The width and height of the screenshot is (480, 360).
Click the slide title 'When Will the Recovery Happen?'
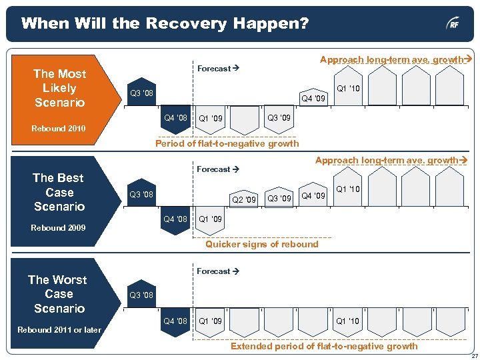[165, 24]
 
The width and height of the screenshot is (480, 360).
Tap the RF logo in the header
[453, 25]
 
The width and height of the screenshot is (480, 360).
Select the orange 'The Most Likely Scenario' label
[59, 88]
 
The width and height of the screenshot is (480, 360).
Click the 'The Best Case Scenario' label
[59, 192]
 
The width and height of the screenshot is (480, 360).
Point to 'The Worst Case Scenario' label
[59, 294]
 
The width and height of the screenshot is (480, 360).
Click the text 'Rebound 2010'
[59, 128]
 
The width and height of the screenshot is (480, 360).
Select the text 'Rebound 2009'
[59, 228]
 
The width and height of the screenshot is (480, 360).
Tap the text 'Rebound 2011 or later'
[59, 329]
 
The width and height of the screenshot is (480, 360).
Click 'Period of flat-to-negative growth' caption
[227, 143]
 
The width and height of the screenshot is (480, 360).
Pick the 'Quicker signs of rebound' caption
[261, 244]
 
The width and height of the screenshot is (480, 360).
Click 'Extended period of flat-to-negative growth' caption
[324, 345]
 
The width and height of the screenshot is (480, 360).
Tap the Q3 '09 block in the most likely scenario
[279, 119]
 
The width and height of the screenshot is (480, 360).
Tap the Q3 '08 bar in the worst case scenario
[141, 295]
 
